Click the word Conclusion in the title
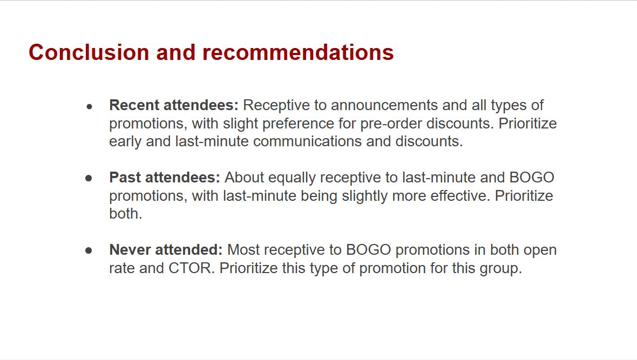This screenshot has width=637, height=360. [x=89, y=52]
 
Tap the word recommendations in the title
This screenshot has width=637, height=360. [x=298, y=52]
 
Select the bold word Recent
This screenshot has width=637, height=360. [x=134, y=105]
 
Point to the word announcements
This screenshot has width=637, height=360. [x=384, y=105]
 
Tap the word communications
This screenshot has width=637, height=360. [x=307, y=141]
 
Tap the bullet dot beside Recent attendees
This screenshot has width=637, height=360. [x=90, y=107]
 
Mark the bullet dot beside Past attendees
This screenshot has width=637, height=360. [x=89, y=178]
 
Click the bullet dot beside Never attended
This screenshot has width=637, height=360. [x=89, y=250]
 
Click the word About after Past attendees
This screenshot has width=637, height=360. [x=244, y=178]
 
